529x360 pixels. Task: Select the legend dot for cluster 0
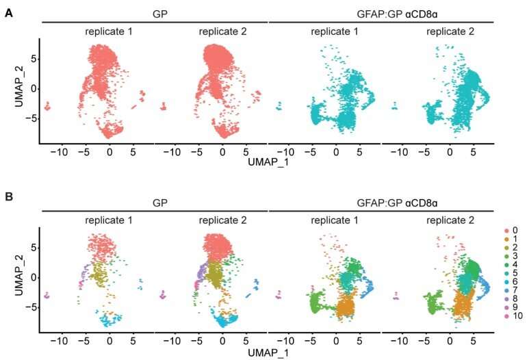[506, 231]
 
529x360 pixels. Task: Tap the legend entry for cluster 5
[508, 274]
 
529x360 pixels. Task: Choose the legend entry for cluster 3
[508, 257]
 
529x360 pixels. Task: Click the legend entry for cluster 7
[508, 292]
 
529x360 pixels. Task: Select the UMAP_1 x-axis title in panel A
[268, 162]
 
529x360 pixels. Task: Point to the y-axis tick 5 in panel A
[34, 60]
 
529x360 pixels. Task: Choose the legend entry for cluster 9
[508, 309]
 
